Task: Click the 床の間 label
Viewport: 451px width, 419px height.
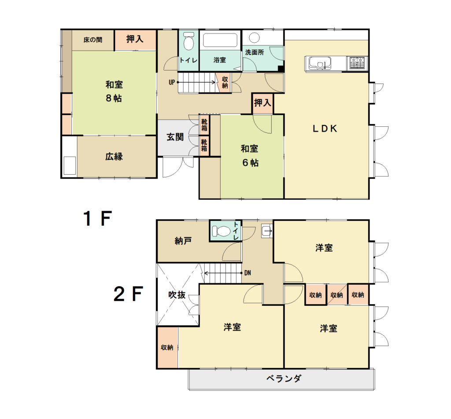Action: click(92, 40)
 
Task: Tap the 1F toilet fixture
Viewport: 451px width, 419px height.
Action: click(189, 40)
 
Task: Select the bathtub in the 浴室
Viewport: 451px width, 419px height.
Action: click(220, 40)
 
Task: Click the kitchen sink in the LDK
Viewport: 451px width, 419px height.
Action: click(320, 63)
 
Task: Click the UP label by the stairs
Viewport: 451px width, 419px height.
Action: click(172, 82)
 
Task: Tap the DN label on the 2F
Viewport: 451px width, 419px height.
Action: click(248, 273)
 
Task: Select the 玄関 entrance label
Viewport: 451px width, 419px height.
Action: click(175, 137)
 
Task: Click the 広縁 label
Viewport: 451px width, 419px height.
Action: click(114, 156)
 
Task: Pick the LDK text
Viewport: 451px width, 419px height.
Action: click(325, 129)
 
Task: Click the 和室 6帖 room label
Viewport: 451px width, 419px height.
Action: click(250, 155)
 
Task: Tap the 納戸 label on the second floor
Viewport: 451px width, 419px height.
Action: click(183, 241)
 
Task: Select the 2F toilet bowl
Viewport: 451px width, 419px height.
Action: click(221, 231)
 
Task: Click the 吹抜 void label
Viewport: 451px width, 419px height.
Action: click(177, 294)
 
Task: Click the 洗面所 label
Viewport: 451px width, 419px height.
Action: click(255, 52)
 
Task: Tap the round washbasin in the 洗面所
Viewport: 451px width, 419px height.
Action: click(254, 38)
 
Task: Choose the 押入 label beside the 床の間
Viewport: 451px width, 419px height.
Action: click(135, 39)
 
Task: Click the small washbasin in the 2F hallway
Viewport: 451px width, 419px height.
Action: click(266, 231)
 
